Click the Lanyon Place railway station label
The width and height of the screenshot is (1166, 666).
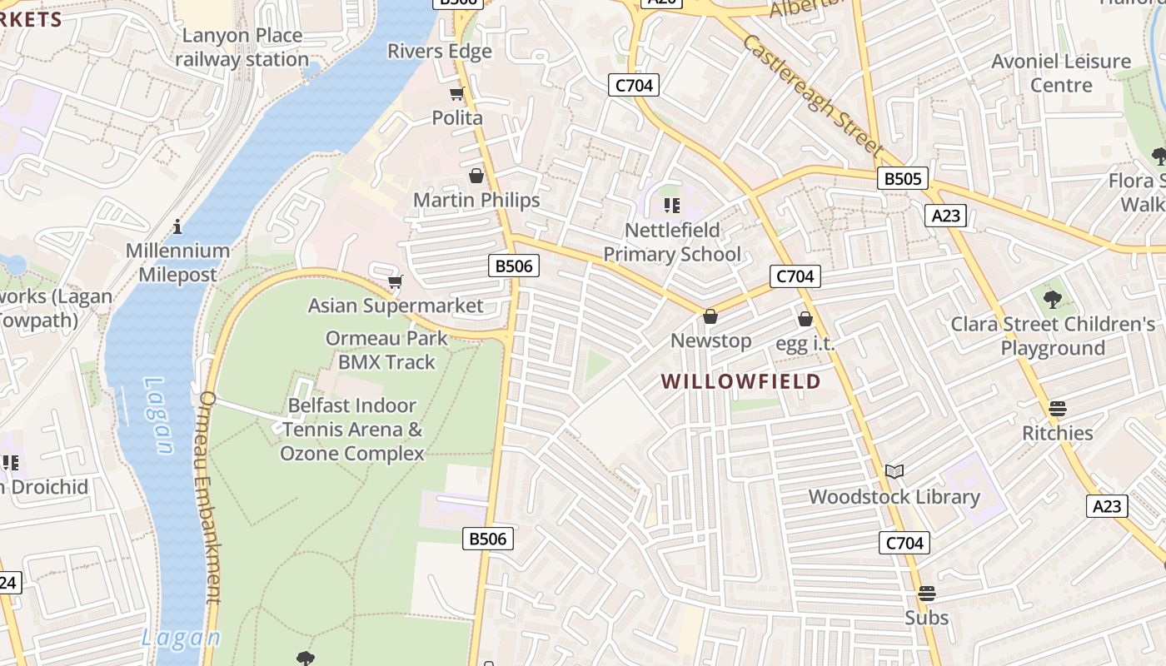[242, 47]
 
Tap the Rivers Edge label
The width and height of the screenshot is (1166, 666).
[440, 51]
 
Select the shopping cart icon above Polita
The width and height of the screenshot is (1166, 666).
[456, 93]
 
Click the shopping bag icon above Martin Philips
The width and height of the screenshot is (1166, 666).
[476, 176]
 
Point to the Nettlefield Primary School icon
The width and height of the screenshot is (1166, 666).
[671, 205]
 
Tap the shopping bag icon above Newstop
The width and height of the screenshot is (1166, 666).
[710, 316]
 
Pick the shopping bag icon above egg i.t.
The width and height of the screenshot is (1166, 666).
[805, 319]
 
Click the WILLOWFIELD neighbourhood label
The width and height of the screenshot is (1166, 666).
[741, 381]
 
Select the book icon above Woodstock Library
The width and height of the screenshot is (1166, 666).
[894, 472]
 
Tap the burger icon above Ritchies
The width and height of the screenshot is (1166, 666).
[1058, 408]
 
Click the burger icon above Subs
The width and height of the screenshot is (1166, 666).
[927, 594]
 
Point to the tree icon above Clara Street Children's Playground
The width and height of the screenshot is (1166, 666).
[1053, 299]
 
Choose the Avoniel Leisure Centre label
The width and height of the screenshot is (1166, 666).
[1061, 73]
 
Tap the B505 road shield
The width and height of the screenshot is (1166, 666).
[903, 178]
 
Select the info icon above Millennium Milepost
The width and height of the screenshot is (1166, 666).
[177, 226]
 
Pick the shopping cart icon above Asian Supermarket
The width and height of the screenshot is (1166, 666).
[396, 281]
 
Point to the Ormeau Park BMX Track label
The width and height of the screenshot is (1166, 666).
[386, 350]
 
